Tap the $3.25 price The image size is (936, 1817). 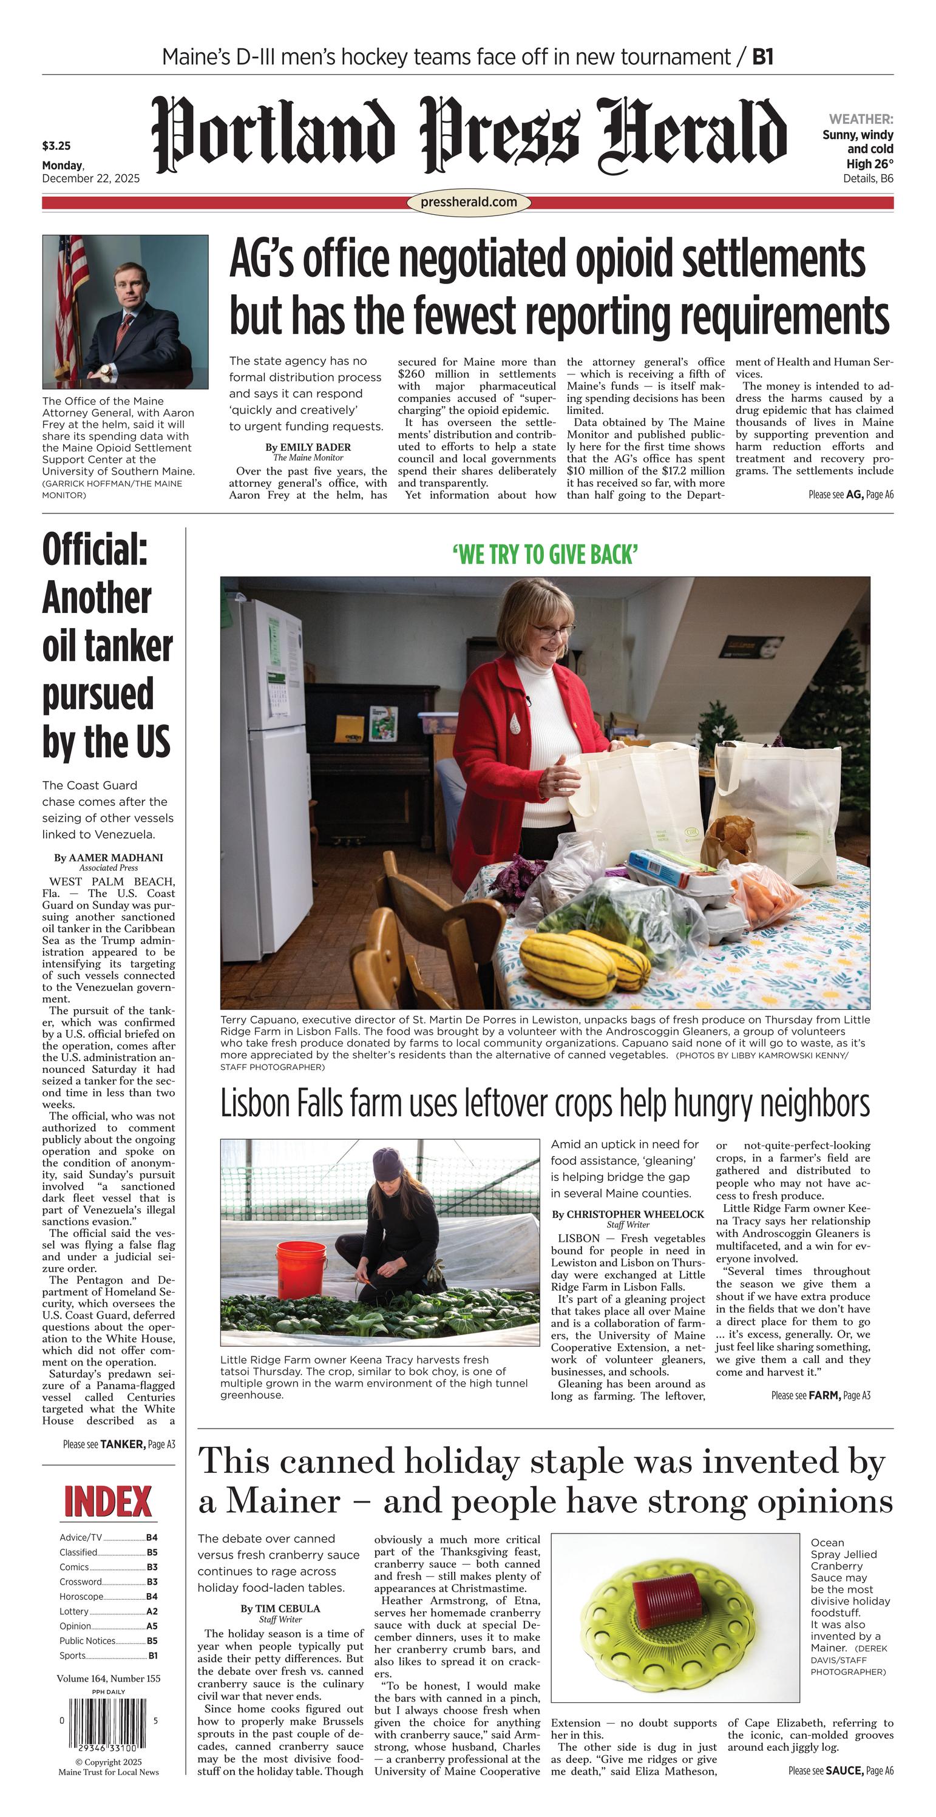56,146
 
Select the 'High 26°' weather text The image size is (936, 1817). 870,164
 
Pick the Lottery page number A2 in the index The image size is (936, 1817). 152,1611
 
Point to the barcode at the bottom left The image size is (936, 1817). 108,1721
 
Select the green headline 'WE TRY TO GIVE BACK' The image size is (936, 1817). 545,555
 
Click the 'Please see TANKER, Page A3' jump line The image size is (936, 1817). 118,1444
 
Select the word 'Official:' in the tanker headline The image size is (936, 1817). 95,550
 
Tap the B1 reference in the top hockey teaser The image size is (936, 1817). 762,56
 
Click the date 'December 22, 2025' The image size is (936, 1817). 91,178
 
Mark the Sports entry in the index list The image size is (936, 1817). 73,1656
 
